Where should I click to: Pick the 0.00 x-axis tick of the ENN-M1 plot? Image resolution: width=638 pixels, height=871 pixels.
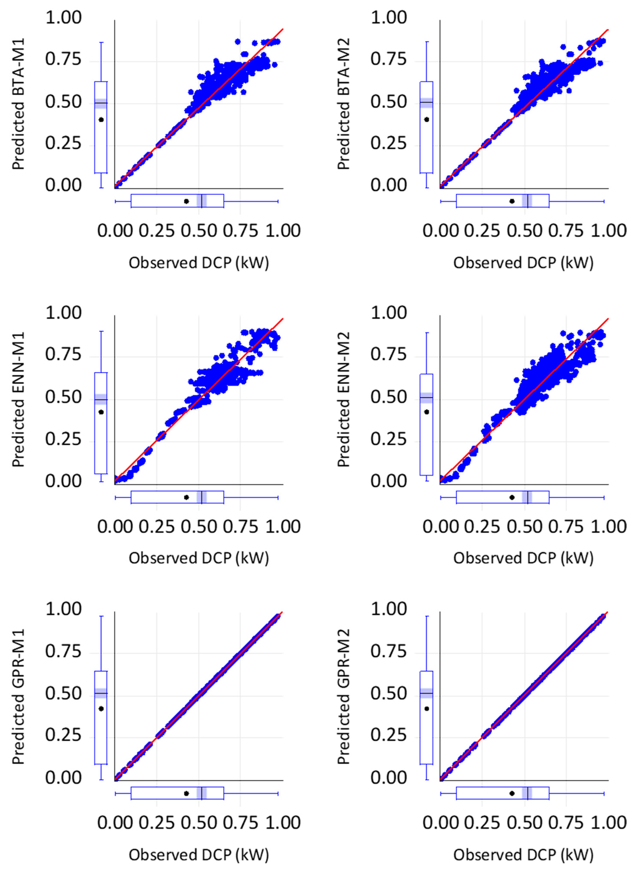(115, 527)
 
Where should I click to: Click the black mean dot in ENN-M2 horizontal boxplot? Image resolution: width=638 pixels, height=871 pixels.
(512, 497)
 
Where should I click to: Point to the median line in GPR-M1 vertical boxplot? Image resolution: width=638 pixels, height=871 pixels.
(101, 693)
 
